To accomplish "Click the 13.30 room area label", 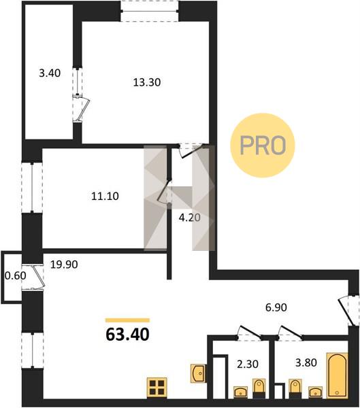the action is (x=147, y=82).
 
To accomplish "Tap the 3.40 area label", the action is (x=50, y=73).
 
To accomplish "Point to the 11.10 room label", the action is (x=105, y=196).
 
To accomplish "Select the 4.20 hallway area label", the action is (x=190, y=218).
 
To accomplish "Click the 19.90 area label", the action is (x=64, y=265).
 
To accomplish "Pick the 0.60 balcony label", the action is (x=16, y=275).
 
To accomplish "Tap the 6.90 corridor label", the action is (x=276, y=307).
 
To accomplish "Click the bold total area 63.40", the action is (x=128, y=335).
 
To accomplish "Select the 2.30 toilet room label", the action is (x=248, y=364).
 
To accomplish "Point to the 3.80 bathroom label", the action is (x=306, y=362).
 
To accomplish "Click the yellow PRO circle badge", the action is (x=262, y=146).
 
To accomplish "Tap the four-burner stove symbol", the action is (x=157, y=388).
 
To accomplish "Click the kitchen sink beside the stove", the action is (x=198, y=373).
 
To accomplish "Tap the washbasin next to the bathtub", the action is (x=315, y=392).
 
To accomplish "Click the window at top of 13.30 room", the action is (x=150, y=11).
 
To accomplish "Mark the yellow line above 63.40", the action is (x=128, y=320).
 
